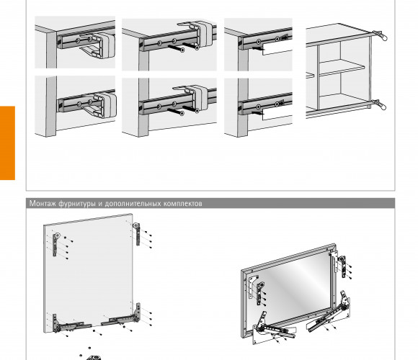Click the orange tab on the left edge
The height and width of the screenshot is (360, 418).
coord(7,143)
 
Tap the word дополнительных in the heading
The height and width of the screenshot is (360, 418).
coord(133,204)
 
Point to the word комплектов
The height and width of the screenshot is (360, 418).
coord(183,204)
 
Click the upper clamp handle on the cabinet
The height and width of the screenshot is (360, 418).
coord(380,35)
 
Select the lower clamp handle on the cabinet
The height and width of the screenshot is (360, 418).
coord(380,104)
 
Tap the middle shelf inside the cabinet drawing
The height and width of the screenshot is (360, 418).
coord(342,68)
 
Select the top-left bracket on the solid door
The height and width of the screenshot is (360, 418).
coord(55,245)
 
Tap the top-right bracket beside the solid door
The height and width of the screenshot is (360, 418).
coord(137,234)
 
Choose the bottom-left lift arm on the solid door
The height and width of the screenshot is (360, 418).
coord(70,324)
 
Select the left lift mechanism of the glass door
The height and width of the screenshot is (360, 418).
coord(272,328)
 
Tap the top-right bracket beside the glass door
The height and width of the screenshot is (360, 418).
coord(342,267)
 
